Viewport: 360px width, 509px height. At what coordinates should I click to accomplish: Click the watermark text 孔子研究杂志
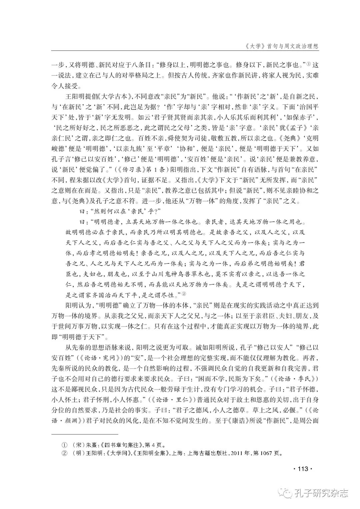tap(322, 493)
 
